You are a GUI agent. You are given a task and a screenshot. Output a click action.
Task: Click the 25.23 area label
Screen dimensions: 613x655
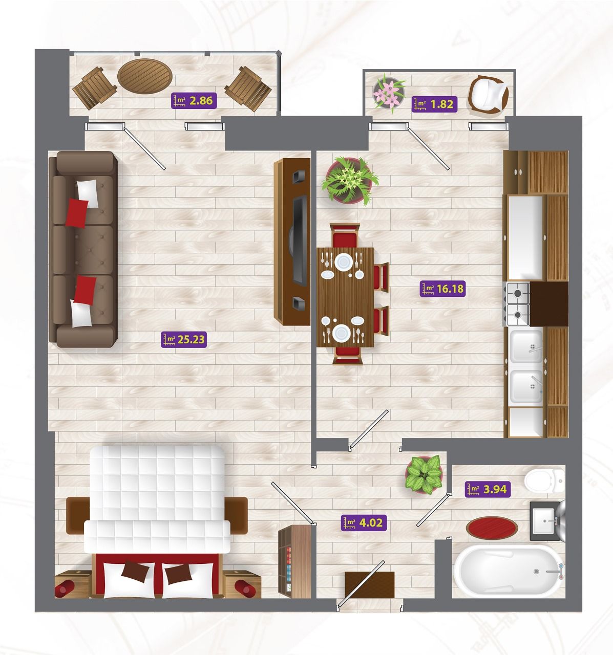click(184, 340)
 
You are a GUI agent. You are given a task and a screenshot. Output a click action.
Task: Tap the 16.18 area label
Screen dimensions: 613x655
click(442, 289)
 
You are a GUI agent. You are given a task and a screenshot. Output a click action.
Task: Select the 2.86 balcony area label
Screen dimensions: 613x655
click(194, 101)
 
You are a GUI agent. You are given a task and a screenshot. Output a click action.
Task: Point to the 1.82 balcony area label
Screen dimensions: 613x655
click(434, 104)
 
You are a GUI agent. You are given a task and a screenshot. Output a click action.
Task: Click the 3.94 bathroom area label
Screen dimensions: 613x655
click(488, 489)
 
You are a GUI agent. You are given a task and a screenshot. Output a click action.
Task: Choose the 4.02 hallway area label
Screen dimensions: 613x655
click(364, 523)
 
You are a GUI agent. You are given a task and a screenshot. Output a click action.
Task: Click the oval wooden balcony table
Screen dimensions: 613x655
click(145, 76)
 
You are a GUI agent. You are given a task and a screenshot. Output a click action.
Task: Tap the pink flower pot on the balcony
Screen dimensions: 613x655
click(389, 93)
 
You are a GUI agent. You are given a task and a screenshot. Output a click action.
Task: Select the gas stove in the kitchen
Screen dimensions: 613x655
click(517, 304)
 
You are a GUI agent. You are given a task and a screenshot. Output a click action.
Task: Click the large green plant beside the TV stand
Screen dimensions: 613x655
click(350, 181)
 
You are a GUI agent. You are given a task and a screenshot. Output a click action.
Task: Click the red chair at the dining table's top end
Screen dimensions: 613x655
click(345, 235)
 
